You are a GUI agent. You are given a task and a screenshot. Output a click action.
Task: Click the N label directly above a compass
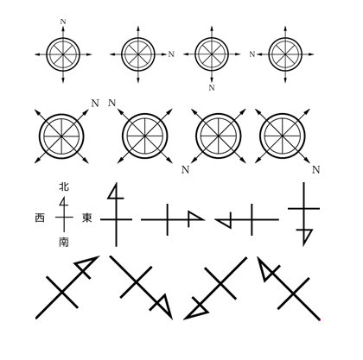coord(63,22)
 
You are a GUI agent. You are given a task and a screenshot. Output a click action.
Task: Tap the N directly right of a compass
coord(171,54)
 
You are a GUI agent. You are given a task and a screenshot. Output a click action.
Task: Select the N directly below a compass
coord(212,87)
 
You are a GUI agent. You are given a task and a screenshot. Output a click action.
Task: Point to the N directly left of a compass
coord(252,54)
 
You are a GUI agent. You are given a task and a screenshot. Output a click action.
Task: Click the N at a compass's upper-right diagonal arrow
coord(95,103)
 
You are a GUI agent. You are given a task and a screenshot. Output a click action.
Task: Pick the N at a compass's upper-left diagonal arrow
coord(112,103)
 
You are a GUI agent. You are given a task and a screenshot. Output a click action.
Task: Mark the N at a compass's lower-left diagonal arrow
coord(186,170)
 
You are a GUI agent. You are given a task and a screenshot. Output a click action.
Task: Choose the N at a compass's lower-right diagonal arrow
coord(316,170)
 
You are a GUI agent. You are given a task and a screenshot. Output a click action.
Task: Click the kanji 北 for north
coord(64,186)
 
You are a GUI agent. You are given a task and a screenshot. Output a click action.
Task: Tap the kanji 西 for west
coord(40,218)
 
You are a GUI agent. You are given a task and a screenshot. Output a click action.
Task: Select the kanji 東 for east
coord(86,218)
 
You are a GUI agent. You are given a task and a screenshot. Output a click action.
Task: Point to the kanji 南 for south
coord(64,242)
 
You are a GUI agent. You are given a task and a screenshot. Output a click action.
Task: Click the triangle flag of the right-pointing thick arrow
coord(194,217)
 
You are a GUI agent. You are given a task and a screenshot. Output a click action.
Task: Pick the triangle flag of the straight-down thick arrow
coord(305,236)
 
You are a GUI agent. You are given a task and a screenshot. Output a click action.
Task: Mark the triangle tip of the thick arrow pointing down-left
coord(197,310)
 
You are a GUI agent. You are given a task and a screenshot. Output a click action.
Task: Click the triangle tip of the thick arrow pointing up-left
coord(266,268)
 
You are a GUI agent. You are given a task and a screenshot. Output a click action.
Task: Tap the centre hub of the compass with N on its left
coord(285,54)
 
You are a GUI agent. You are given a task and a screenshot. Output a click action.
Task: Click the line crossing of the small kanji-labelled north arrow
coord(64,218)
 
